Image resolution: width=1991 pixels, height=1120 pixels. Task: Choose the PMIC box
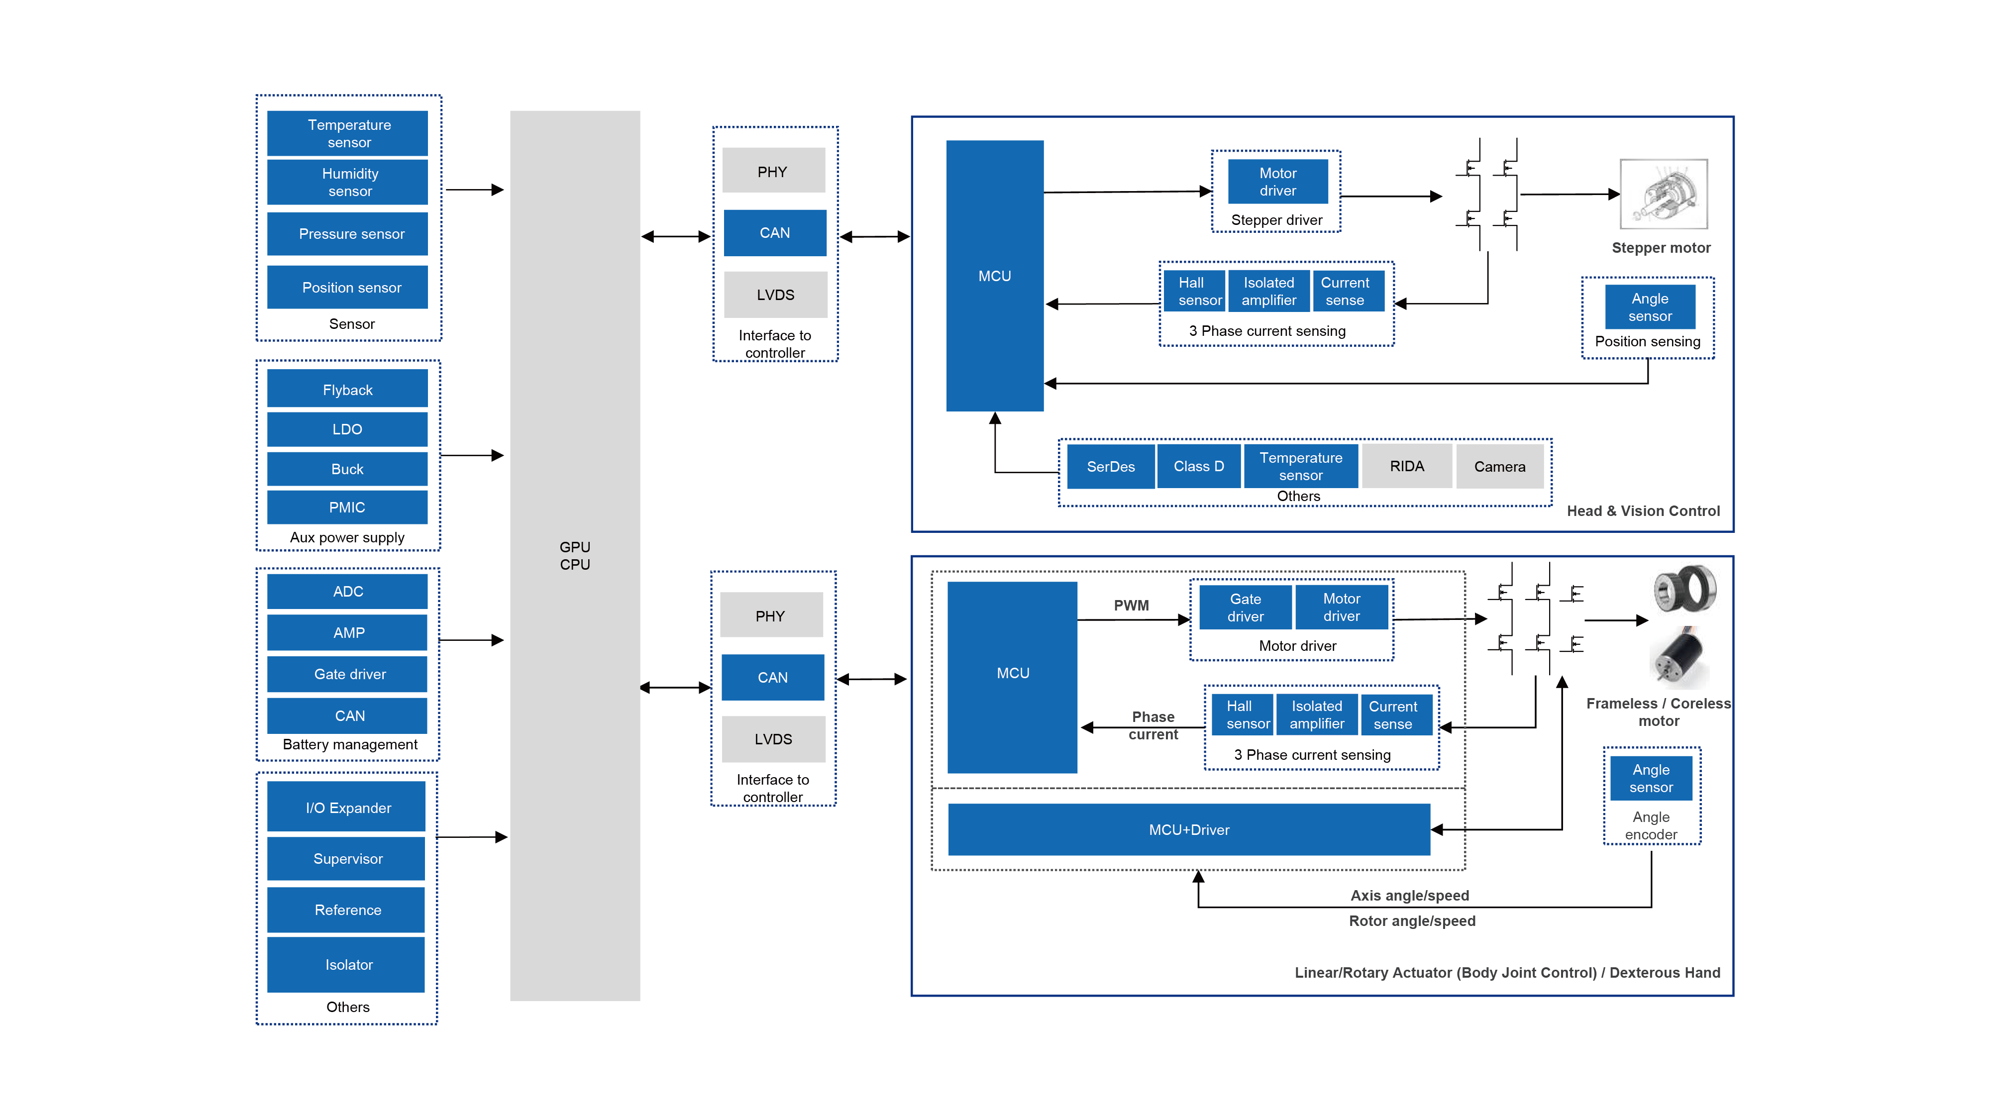348,507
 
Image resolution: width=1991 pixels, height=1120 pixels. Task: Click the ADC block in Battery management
348,591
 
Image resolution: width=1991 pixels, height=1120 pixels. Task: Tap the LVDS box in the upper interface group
775,295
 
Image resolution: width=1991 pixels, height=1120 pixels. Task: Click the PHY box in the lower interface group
771,615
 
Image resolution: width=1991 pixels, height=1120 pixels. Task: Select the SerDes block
1111,466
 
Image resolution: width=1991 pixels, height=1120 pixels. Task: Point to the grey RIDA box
1407,466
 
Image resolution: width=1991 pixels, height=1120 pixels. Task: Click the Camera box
1499,466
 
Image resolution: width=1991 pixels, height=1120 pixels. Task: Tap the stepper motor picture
1663,194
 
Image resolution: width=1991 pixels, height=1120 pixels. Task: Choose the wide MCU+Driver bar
1189,829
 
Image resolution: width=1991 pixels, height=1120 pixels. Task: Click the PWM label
1131,605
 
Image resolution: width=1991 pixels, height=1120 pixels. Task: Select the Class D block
1199,466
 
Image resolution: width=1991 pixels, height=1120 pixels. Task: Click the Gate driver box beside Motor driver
1245,608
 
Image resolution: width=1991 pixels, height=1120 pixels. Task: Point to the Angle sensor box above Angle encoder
1651,778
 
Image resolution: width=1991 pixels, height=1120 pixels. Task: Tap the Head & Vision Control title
1643,511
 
